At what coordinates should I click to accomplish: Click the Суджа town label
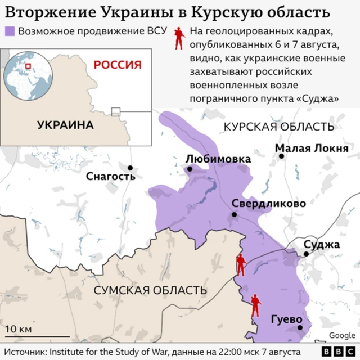pyautogui.click(x=322, y=245)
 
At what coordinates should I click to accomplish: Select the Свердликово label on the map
pyautogui.click(x=269, y=204)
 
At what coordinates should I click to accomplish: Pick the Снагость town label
pyautogui.click(x=111, y=177)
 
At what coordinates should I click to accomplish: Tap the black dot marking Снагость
pyautogui.click(x=130, y=168)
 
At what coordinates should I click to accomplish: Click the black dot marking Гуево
pyautogui.click(x=300, y=327)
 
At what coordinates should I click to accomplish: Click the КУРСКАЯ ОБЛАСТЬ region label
pyautogui.click(x=278, y=126)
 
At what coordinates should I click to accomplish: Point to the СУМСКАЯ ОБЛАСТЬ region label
pyautogui.click(x=150, y=290)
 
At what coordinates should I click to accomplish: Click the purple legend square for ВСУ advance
pyautogui.click(x=10, y=31)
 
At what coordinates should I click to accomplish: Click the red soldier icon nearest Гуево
pyautogui.click(x=255, y=306)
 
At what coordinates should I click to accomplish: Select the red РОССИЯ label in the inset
pyautogui.click(x=117, y=64)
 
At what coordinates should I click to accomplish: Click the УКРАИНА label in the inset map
pyautogui.click(x=65, y=125)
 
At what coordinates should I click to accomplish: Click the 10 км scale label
pyautogui.click(x=19, y=328)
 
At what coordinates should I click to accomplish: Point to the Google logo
pyautogui.click(x=342, y=335)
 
